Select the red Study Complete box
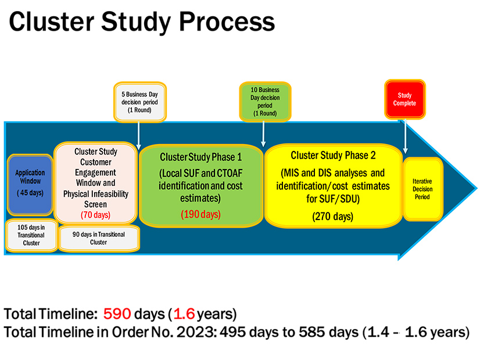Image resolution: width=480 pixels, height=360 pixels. pyautogui.click(x=404, y=99)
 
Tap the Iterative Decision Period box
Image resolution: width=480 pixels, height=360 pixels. pyautogui.click(x=422, y=189)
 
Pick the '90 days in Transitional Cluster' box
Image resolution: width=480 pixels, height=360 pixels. pyautogui.click(x=99, y=238)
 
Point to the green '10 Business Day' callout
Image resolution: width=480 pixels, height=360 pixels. pyautogui.click(x=265, y=102)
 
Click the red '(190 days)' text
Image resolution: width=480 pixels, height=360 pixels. pyautogui.click(x=200, y=215)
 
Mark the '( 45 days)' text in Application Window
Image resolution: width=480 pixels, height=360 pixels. pyautogui.click(x=30, y=193)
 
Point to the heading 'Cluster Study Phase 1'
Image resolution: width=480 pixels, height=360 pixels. pyautogui.click(x=200, y=157)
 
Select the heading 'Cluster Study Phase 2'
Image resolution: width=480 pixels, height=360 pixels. pyautogui.click(x=332, y=155)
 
